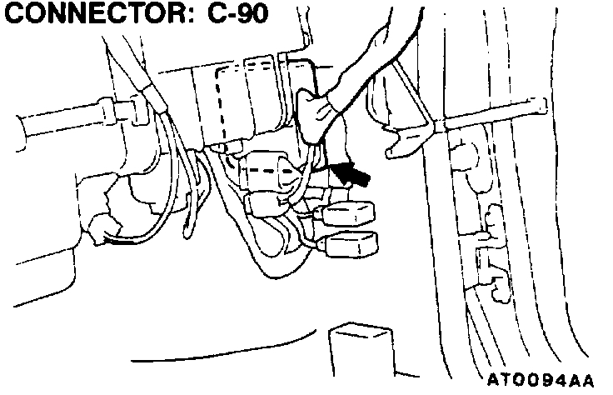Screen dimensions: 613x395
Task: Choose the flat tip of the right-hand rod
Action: pos(537,106)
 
